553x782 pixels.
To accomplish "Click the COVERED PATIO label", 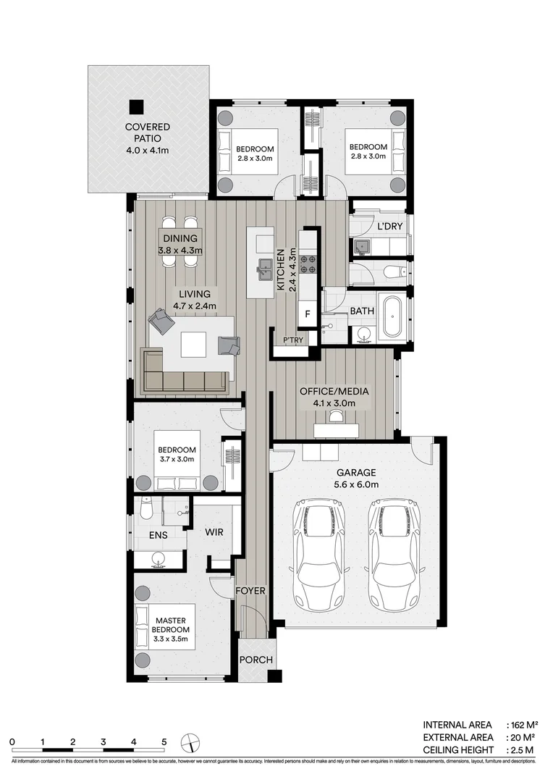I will [x=148, y=138].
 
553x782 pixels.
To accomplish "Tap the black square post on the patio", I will [x=135, y=106].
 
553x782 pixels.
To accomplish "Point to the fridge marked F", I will [x=308, y=314].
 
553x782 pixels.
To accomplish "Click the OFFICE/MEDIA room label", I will [x=334, y=397].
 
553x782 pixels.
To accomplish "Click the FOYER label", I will [x=250, y=591].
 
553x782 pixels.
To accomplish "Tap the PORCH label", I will [x=256, y=660].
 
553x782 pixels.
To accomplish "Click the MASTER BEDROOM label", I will [x=169, y=629].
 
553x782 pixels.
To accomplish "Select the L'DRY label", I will [x=389, y=227].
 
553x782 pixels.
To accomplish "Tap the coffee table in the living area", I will [x=194, y=344].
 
